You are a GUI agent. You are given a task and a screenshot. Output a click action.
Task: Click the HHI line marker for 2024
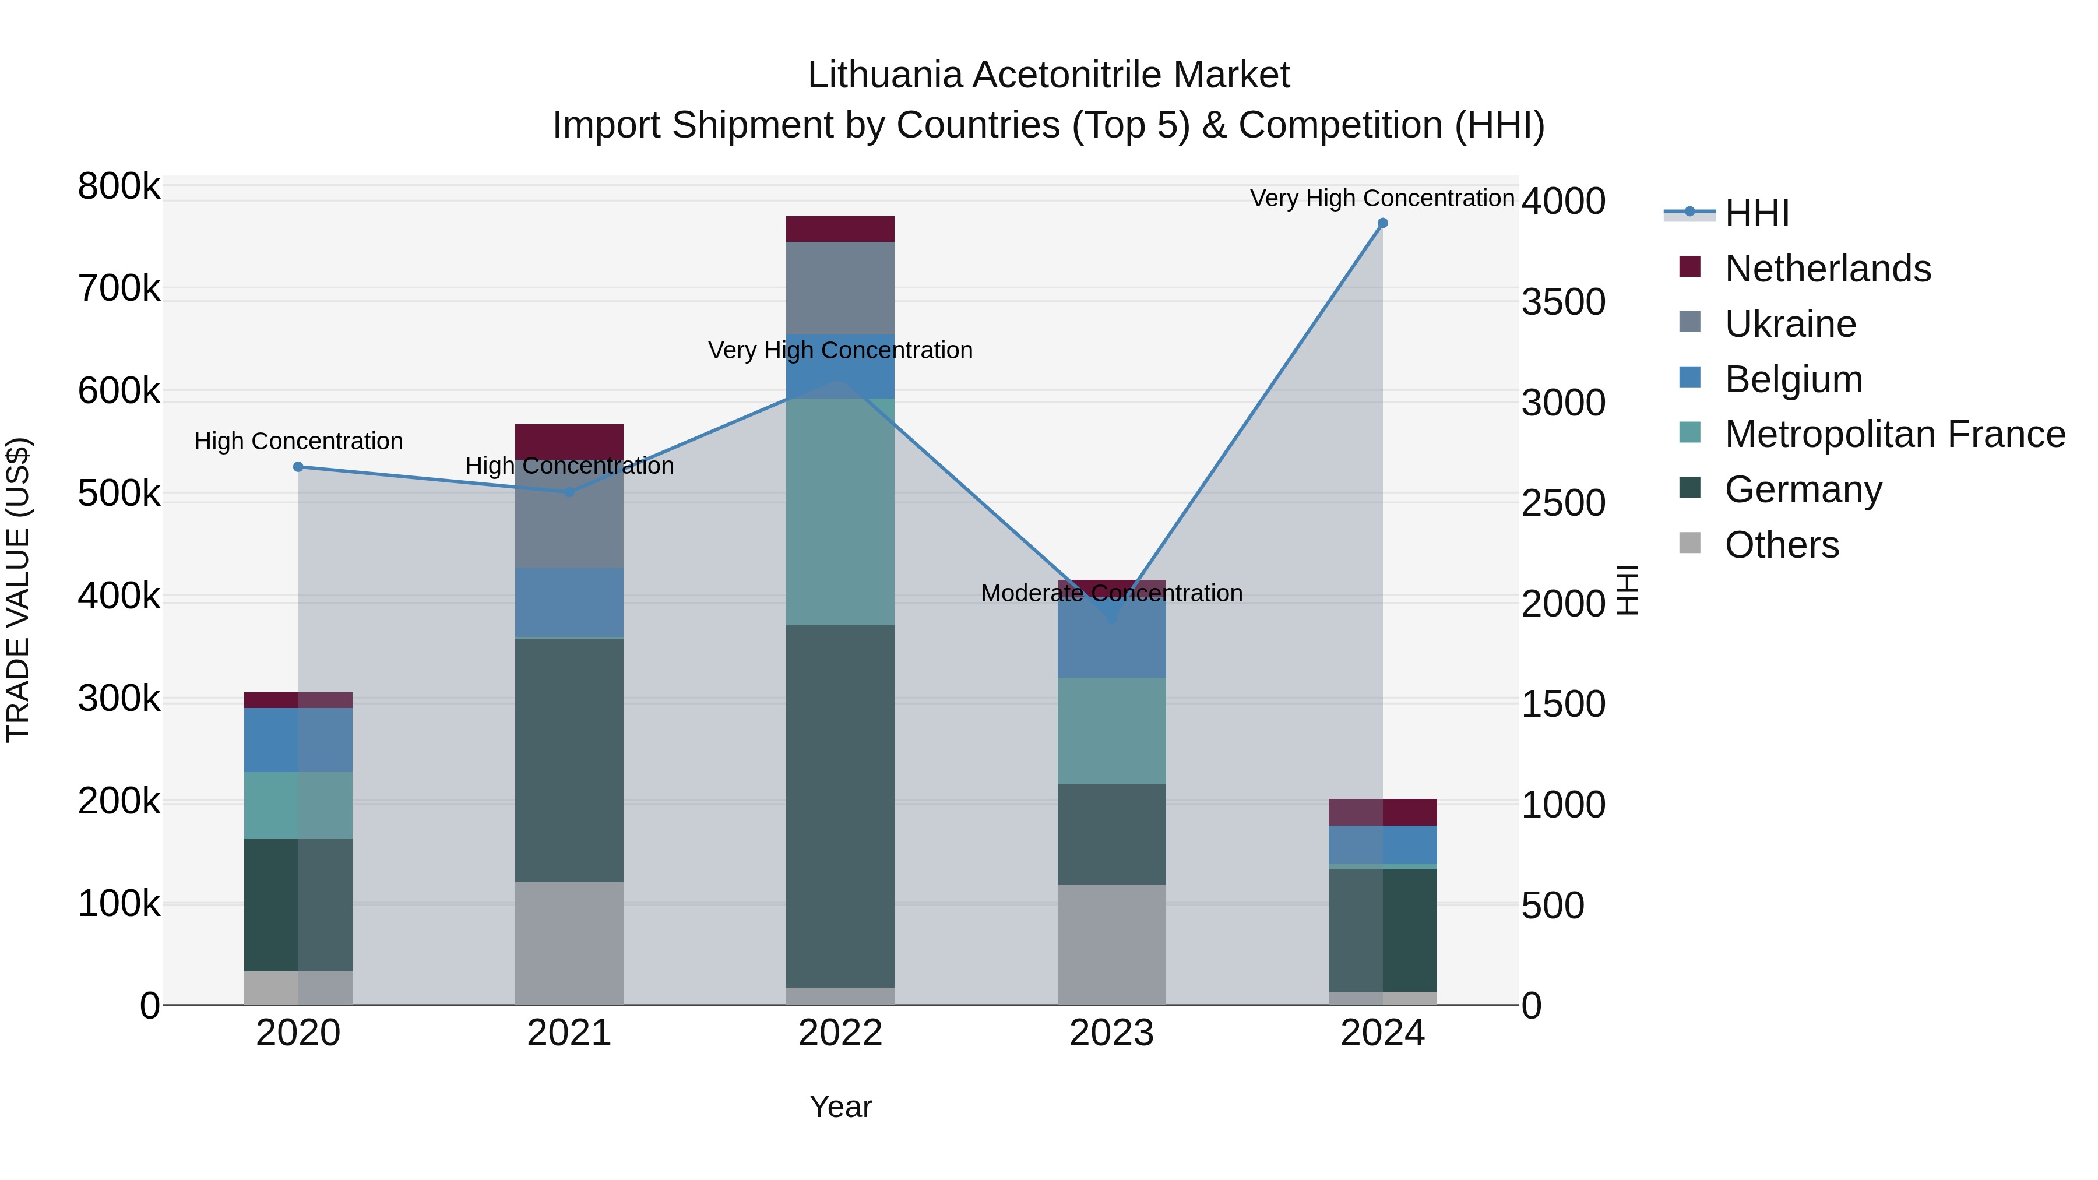click(1382, 223)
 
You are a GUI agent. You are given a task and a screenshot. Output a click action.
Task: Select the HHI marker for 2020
click(298, 467)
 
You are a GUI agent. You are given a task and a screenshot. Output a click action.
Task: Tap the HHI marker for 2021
click(569, 492)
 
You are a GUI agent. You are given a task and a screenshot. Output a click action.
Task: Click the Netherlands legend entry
click(1827, 269)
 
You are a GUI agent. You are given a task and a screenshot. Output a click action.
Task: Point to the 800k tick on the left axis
click(119, 186)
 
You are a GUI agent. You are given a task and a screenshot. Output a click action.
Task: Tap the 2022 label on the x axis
click(840, 1033)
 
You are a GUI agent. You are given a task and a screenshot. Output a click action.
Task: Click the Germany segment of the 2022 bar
click(840, 806)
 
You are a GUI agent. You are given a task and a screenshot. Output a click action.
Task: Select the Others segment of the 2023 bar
click(1112, 945)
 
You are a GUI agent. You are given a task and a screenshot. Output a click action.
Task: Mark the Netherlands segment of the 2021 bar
click(569, 441)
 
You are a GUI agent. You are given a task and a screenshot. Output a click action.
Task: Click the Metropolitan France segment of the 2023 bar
click(1112, 731)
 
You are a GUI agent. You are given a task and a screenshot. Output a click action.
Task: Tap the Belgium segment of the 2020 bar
click(298, 739)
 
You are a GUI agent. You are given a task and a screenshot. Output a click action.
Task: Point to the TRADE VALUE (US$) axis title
click(18, 590)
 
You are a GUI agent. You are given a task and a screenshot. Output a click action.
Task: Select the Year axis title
click(840, 1107)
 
